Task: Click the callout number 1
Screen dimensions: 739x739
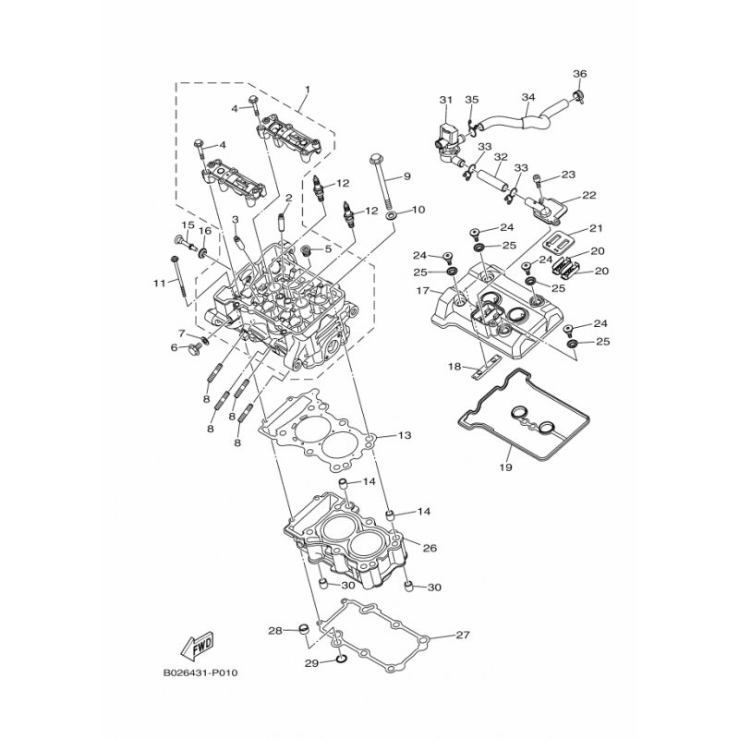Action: click(308, 90)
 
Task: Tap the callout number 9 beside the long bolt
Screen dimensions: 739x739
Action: click(406, 176)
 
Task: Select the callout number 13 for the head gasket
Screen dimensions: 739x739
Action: click(404, 434)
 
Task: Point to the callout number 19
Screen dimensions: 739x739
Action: click(505, 468)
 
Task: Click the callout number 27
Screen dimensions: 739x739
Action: click(464, 635)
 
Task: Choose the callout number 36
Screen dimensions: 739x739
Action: click(579, 74)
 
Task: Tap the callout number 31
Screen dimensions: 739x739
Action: click(444, 99)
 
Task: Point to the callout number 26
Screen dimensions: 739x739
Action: click(429, 548)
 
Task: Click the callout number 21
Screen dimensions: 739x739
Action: click(595, 228)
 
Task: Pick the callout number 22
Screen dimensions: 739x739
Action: click(589, 196)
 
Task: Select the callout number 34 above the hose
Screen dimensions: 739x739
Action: click(528, 97)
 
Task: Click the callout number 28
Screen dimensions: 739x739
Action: click(273, 631)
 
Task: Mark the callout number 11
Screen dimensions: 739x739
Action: click(158, 283)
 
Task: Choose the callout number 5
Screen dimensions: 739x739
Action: click(327, 249)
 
